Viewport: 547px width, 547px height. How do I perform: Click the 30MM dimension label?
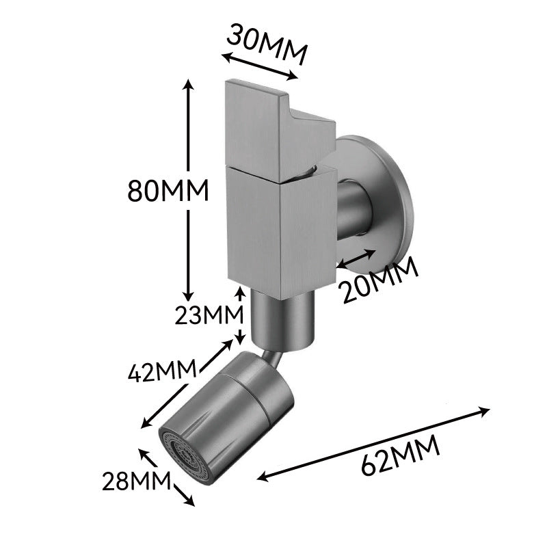point(267,44)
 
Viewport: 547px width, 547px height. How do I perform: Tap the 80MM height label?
point(168,191)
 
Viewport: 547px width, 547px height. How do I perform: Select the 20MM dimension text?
point(380,280)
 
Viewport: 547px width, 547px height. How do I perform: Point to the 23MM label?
point(209,315)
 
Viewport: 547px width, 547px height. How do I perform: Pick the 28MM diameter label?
point(136,481)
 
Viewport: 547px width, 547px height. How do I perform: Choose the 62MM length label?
point(400,455)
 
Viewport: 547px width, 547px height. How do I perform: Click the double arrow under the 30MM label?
point(260,66)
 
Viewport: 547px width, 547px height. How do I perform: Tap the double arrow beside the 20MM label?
point(356,259)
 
